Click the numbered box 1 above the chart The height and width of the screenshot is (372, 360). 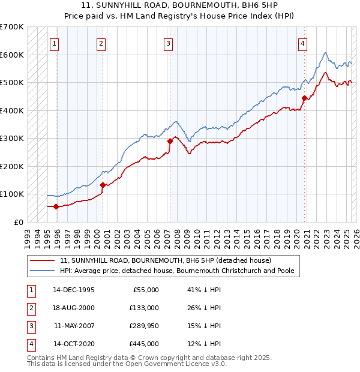[54, 43]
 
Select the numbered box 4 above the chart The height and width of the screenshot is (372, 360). [303, 43]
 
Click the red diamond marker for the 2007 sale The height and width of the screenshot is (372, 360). [170, 141]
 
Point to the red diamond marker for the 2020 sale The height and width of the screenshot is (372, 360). [305, 98]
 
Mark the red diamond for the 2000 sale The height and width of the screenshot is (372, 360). [103, 185]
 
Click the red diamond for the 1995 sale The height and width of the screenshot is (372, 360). [56, 206]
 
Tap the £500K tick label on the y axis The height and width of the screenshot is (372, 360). [11, 82]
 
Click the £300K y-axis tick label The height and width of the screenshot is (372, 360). [11, 138]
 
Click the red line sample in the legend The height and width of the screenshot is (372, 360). [42, 260]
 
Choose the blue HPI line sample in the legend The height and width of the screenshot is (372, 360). [42, 271]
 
